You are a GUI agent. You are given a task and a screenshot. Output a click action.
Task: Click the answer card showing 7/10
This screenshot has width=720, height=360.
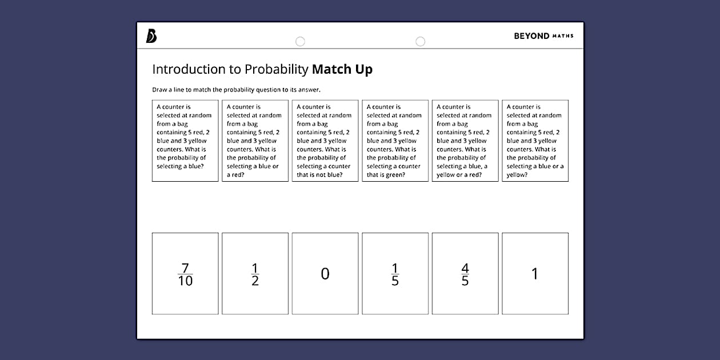click(x=185, y=273)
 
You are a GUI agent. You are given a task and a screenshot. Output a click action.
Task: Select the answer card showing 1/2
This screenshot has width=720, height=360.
click(x=255, y=273)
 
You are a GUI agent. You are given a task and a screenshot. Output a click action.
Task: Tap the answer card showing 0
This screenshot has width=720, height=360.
click(x=325, y=273)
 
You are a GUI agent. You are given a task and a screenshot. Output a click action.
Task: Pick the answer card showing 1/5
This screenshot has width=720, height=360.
click(x=395, y=273)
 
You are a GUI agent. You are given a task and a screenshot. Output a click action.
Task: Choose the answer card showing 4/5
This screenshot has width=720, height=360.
click(x=465, y=273)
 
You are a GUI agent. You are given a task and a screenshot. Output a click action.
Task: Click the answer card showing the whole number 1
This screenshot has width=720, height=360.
click(x=535, y=273)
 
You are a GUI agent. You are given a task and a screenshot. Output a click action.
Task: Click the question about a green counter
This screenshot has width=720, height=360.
click(x=395, y=141)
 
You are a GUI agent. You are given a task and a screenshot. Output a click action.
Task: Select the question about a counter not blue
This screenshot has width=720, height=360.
click(x=325, y=141)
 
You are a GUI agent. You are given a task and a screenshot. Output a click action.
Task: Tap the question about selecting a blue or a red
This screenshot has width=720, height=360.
click(x=255, y=141)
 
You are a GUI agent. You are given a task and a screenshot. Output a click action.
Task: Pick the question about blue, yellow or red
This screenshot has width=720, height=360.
click(x=465, y=141)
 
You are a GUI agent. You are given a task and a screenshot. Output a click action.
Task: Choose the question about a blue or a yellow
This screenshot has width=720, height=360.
click(x=535, y=141)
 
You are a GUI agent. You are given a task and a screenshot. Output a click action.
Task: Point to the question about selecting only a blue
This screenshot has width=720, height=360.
click(x=185, y=141)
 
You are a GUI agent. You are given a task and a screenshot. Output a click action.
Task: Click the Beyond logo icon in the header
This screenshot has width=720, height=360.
click(x=151, y=36)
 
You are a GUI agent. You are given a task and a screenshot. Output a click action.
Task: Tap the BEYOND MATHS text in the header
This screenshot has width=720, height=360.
click(x=543, y=36)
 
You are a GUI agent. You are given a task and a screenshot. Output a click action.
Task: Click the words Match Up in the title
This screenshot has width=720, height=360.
click(x=342, y=70)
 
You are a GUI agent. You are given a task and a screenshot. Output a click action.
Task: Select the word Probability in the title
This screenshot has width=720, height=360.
click(x=277, y=70)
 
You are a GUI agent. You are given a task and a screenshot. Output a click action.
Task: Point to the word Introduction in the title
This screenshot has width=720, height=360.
click(x=189, y=70)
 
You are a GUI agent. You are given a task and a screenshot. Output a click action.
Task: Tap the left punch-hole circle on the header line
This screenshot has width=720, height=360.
click(x=300, y=41)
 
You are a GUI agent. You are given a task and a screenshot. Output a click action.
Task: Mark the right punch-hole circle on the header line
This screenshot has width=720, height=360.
click(x=421, y=41)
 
